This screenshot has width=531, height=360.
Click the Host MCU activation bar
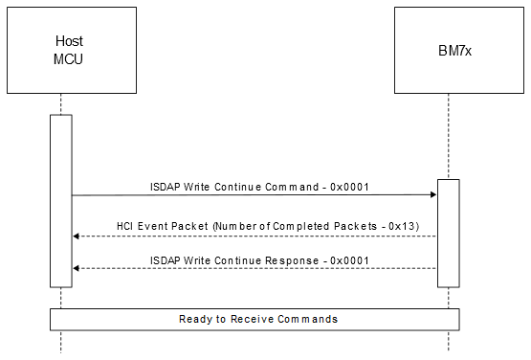61,200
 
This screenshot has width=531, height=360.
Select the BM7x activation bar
449,233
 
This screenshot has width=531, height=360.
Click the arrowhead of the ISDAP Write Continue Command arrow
433,194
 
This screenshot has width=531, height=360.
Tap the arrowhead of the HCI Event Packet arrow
77,236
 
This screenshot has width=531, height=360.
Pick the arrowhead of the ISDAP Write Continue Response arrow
77,268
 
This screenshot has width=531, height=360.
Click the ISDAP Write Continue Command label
259,187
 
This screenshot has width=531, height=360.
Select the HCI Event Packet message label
254,226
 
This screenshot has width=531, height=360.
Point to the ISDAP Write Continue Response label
259,260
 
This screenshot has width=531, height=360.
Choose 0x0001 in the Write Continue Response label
349,260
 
